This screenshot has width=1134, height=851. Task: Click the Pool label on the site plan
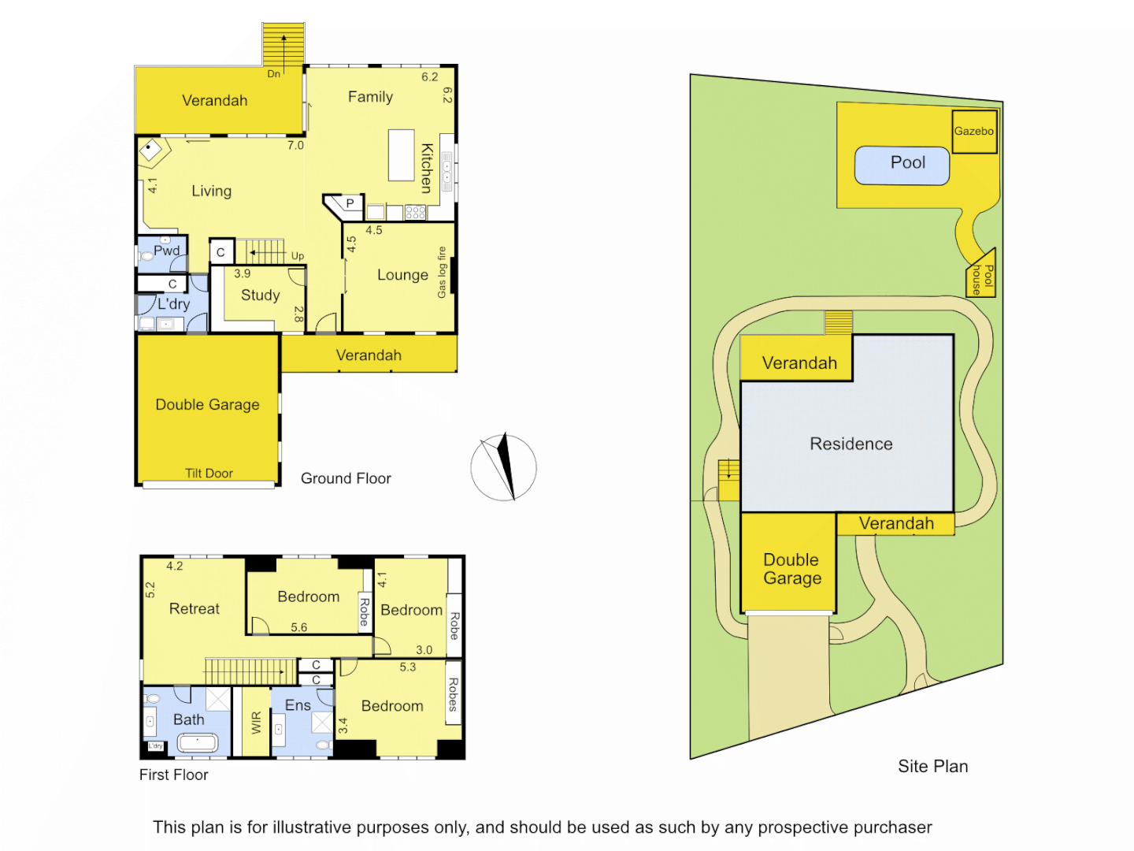tap(907, 162)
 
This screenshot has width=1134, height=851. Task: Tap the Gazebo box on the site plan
tap(974, 132)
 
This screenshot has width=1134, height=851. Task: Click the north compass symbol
tap(503, 467)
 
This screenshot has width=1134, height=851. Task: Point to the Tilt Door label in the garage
tap(209, 473)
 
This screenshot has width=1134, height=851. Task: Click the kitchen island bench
tap(401, 155)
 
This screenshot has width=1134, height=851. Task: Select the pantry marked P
tap(350, 203)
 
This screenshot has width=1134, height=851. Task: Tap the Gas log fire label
tap(442, 273)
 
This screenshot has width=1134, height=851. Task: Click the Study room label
tap(260, 295)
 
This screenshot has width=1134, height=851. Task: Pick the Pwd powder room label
tap(166, 251)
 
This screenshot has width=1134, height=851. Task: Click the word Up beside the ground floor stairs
tap(298, 256)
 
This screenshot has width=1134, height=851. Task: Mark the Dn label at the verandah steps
tap(273, 74)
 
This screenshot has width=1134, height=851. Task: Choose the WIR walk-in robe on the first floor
tap(255, 723)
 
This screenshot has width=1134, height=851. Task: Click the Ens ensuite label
tap(298, 705)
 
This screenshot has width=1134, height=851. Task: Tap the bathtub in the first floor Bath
tap(197, 742)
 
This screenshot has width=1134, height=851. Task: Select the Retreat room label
tap(194, 608)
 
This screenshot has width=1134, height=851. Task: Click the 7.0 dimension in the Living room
tap(295, 145)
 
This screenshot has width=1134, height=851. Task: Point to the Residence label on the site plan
tap(850, 444)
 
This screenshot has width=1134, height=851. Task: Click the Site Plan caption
tap(932, 766)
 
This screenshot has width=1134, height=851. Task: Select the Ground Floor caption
tap(346, 478)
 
